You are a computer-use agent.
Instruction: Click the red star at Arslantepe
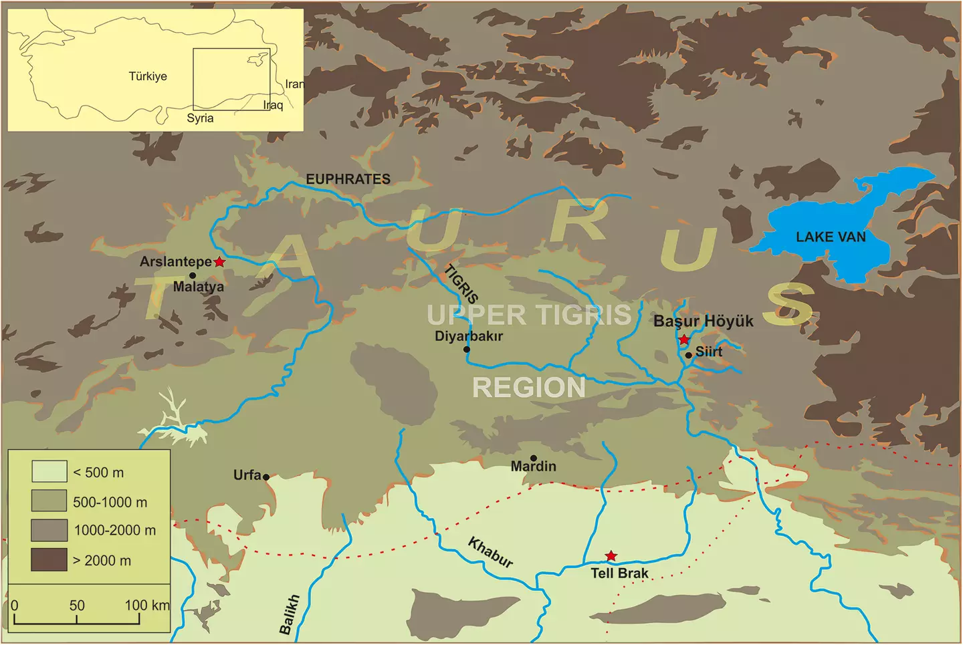[219, 262]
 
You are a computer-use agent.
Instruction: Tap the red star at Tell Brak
[611, 556]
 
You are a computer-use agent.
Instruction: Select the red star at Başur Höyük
[684, 340]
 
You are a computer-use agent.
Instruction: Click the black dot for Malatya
[193, 275]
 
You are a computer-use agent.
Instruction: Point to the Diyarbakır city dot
[467, 350]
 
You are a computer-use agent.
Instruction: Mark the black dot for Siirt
[689, 355]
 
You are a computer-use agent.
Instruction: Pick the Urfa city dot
[266, 477]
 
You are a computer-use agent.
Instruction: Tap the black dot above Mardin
[534, 459]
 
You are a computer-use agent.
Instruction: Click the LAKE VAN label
[831, 237]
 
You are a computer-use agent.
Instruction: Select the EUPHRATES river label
[348, 179]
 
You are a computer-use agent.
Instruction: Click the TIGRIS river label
[461, 284]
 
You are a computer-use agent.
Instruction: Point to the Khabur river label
[490, 553]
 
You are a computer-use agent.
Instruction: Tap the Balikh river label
[289, 614]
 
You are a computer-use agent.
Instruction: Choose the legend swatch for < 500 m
[49, 471]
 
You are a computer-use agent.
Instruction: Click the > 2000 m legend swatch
[49, 560]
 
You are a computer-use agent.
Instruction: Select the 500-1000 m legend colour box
[49, 501]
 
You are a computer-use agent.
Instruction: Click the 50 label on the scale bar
[77, 606]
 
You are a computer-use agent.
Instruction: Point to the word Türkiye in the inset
[148, 76]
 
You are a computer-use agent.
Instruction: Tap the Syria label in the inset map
[200, 118]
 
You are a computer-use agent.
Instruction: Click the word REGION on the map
[528, 388]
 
